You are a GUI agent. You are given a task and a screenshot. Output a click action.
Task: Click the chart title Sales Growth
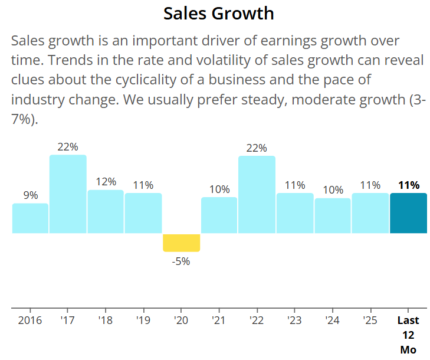[x=218, y=13]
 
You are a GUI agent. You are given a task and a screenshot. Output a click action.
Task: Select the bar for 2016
[x=30, y=218]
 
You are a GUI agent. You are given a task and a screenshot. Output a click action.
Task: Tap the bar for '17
[x=68, y=194]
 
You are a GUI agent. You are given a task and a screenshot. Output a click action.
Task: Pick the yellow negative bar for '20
[x=181, y=243]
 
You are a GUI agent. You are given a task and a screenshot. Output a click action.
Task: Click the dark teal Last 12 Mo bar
[x=408, y=213]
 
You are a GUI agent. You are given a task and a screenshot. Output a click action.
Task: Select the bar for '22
[x=257, y=194]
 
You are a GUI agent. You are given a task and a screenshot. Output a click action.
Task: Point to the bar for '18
[x=106, y=211]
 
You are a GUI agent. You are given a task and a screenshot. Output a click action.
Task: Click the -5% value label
[x=181, y=261]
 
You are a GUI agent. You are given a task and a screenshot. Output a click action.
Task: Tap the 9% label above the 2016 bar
[x=31, y=195]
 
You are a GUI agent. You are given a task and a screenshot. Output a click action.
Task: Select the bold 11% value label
[x=408, y=185]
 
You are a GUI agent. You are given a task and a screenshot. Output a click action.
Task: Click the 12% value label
[x=106, y=182]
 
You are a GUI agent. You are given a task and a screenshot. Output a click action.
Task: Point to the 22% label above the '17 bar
[x=68, y=147]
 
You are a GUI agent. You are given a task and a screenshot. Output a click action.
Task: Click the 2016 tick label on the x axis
[x=30, y=320]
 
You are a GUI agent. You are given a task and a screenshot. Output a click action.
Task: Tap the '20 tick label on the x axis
[x=181, y=320]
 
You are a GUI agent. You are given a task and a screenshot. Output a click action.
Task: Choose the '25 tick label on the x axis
[x=370, y=320]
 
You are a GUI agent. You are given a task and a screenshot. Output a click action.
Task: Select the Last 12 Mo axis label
[x=408, y=335]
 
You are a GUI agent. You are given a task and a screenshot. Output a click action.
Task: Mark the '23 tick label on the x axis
[x=294, y=320]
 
